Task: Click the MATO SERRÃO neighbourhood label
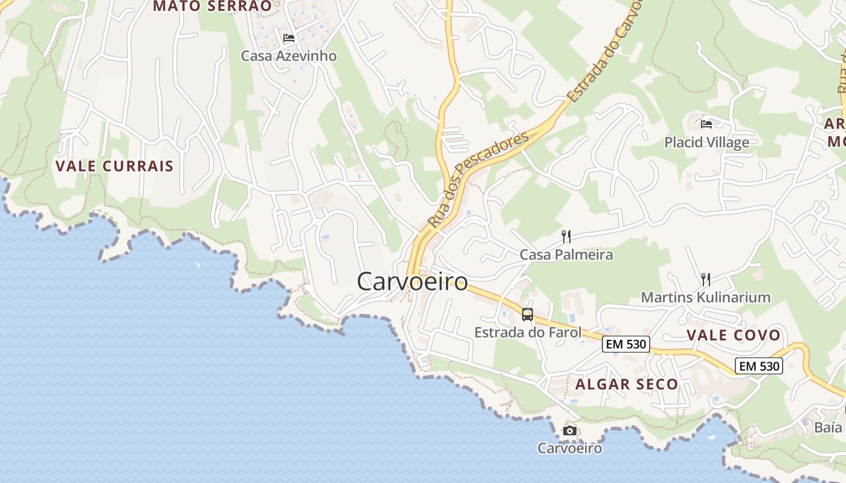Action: pyautogui.click(x=212, y=6)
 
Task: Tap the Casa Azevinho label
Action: pyautogui.click(x=289, y=56)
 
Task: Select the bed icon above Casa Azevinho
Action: pyautogui.click(x=289, y=38)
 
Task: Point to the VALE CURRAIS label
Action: pyautogui.click(x=114, y=166)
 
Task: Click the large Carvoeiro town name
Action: pyautogui.click(x=412, y=281)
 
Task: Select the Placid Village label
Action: pyautogui.click(x=706, y=142)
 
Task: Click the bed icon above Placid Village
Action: pyautogui.click(x=706, y=124)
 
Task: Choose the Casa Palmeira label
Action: pyautogui.click(x=566, y=255)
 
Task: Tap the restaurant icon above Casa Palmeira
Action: pyautogui.click(x=566, y=236)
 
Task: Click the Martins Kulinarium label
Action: pyautogui.click(x=705, y=297)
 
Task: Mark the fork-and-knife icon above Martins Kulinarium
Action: pyautogui.click(x=705, y=279)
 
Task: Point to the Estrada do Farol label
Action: pyautogui.click(x=528, y=332)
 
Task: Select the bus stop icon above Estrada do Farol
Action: pyautogui.click(x=528, y=314)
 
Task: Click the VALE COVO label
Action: pyautogui.click(x=733, y=335)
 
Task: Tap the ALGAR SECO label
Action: pyautogui.click(x=627, y=384)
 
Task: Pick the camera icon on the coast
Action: pyautogui.click(x=569, y=430)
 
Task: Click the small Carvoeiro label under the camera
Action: pyautogui.click(x=570, y=448)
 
